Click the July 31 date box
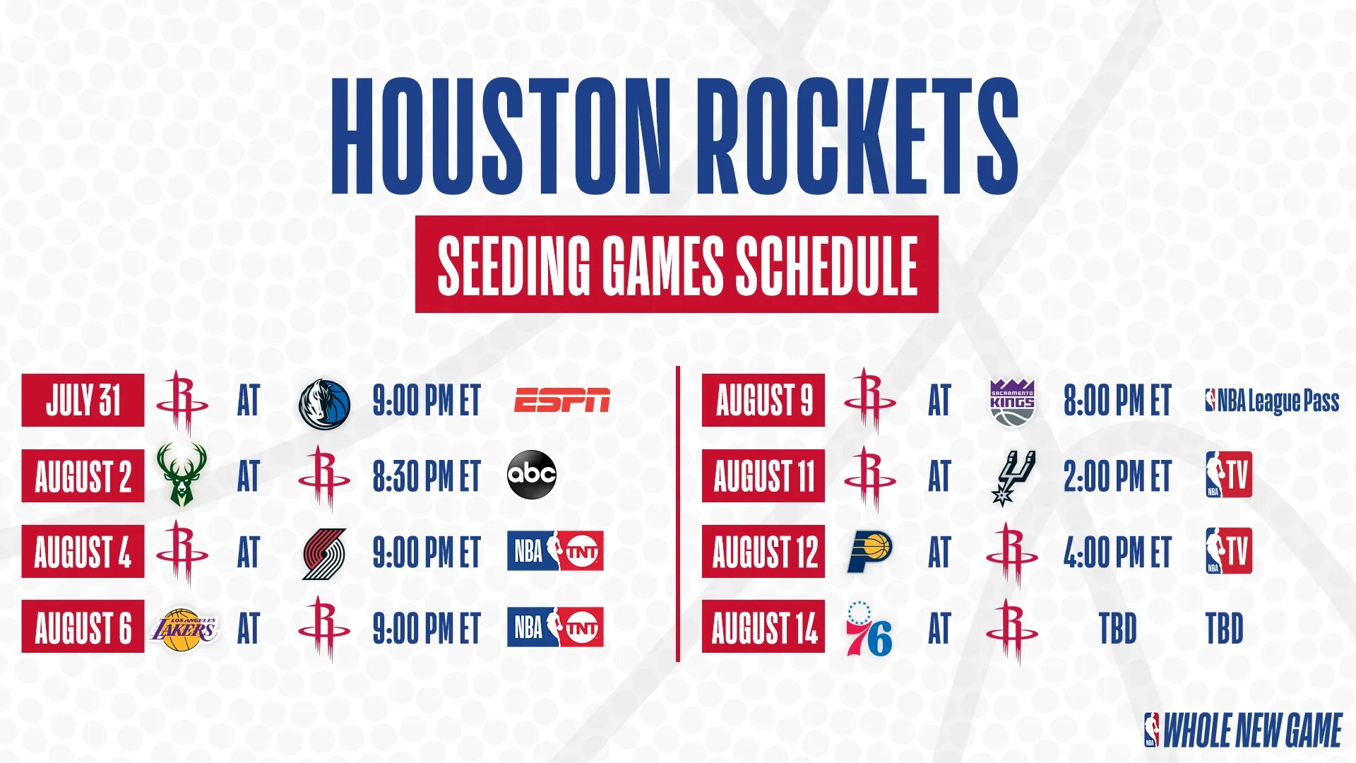83,400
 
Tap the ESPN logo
561,400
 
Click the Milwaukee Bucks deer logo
182,474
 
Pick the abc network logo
532,474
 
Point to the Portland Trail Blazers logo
324,553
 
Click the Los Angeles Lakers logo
183,628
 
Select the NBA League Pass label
1272,401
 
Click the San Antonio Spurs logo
1013,477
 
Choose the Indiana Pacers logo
869,552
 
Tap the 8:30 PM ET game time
427,476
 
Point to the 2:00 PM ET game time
1117,476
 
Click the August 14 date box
763,627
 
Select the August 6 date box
83,627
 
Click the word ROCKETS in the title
857,136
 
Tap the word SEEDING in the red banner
513,265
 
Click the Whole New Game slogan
1243,730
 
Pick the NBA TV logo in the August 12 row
1228,551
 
